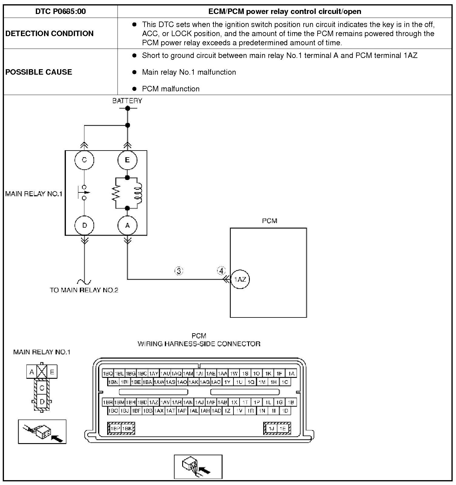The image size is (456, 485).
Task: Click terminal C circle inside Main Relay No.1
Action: pyautogui.click(x=84, y=160)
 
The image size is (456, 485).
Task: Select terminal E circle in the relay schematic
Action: pyautogui.click(x=127, y=160)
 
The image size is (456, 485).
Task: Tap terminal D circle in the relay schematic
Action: pyautogui.click(x=84, y=225)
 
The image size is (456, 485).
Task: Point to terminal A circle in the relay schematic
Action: pyautogui.click(x=127, y=225)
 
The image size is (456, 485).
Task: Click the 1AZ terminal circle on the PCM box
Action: pyautogui.click(x=240, y=279)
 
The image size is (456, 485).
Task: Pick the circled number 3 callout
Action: pyautogui.click(x=179, y=271)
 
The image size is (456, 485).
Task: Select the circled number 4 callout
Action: pyautogui.click(x=221, y=270)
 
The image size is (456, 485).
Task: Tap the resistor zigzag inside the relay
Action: pyautogui.click(x=116, y=193)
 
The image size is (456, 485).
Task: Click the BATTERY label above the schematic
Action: pyautogui.click(x=127, y=101)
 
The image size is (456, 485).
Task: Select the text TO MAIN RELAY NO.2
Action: pyautogui.click(x=84, y=290)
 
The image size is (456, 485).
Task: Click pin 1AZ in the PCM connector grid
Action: pyautogui.click(x=154, y=402)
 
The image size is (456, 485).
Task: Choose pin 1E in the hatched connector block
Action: pyautogui.click(x=283, y=429)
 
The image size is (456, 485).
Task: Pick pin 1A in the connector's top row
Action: pyautogui.click(x=291, y=373)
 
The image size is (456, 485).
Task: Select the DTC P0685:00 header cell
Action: pyautogui.click(x=60, y=12)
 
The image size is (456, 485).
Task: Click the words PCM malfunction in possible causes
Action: pyautogui.click(x=171, y=89)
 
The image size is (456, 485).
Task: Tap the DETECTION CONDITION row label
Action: pyautogui.click(x=49, y=33)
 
